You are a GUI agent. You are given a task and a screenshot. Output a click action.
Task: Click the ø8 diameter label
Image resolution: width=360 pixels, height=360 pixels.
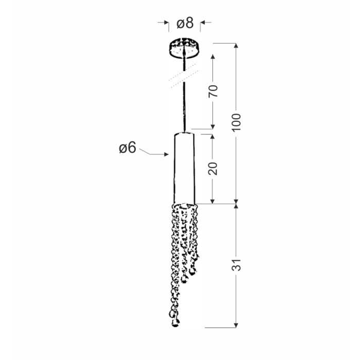(185, 24)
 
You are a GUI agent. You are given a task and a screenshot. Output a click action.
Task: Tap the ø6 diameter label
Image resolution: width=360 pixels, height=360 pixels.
(128, 148)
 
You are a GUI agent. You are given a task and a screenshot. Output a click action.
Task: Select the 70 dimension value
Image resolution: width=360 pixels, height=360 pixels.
(213, 91)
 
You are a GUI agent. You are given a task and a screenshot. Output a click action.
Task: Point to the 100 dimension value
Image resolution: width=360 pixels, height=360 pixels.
(236, 122)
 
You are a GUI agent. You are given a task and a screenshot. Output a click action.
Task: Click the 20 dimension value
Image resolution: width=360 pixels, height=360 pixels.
(213, 168)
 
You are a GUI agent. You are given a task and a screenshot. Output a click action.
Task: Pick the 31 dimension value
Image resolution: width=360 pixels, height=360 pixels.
(236, 265)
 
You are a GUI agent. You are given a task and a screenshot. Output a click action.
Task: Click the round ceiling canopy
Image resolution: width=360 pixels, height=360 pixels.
(184, 48)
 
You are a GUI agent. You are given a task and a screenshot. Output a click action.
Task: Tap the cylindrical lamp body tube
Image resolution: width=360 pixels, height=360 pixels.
(184, 168)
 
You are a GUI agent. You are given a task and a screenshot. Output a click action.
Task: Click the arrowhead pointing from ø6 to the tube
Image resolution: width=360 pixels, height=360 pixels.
(167, 154)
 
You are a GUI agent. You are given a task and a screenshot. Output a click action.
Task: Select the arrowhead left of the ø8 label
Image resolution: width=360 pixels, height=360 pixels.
(167, 23)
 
